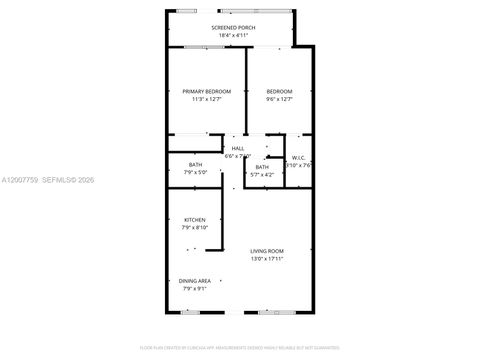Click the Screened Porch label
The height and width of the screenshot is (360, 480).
[x=232, y=28]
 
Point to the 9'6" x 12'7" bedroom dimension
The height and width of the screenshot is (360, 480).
[x=279, y=98]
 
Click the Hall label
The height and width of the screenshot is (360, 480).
[x=237, y=149]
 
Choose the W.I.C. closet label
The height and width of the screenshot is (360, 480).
[x=298, y=157]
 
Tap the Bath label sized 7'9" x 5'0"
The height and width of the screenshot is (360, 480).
[x=195, y=165]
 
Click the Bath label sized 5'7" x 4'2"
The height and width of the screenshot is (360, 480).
[x=262, y=167]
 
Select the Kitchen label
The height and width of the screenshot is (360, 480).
[x=194, y=220]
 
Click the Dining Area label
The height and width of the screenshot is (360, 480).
[x=195, y=282]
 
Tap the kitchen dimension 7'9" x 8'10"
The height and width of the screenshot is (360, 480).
[x=194, y=228]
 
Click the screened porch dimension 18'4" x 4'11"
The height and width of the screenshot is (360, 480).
[x=232, y=35]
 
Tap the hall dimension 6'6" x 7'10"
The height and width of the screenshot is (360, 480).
[x=237, y=157]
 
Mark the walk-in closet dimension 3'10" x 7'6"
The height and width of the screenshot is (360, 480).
[x=298, y=165]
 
